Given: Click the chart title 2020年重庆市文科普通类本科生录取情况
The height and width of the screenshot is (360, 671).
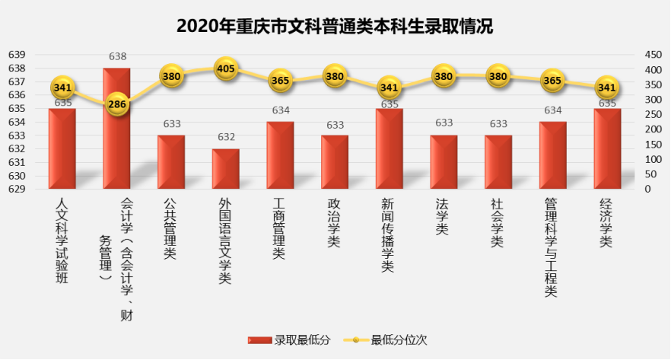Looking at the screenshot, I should [x=335, y=27].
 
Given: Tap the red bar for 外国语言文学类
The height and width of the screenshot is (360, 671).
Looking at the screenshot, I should [x=225, y=169].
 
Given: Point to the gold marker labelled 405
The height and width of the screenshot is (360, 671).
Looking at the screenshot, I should [x=226, y=69].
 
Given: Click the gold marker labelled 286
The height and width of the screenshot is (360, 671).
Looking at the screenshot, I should [x=117, y=105].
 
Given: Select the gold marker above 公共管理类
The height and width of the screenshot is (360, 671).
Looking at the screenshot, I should [x=172, y=76].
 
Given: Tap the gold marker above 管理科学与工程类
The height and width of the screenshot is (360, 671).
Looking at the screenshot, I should [x=552, y=81].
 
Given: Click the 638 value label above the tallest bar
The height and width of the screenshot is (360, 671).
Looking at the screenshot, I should [x=117, y=56].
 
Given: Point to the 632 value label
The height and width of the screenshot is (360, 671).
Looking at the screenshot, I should [x=226, y=137].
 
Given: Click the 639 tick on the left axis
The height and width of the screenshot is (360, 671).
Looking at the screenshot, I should [x=17, y=55].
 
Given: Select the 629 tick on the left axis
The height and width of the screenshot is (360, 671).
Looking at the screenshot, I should [x=17, y=189].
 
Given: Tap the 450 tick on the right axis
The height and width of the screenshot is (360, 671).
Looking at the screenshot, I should [x=653, y=55].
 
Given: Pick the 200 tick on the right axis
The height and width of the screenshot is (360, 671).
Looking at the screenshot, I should [x=653, y=129].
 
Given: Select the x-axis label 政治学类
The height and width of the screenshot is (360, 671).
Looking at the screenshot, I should [x=334, y=223].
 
